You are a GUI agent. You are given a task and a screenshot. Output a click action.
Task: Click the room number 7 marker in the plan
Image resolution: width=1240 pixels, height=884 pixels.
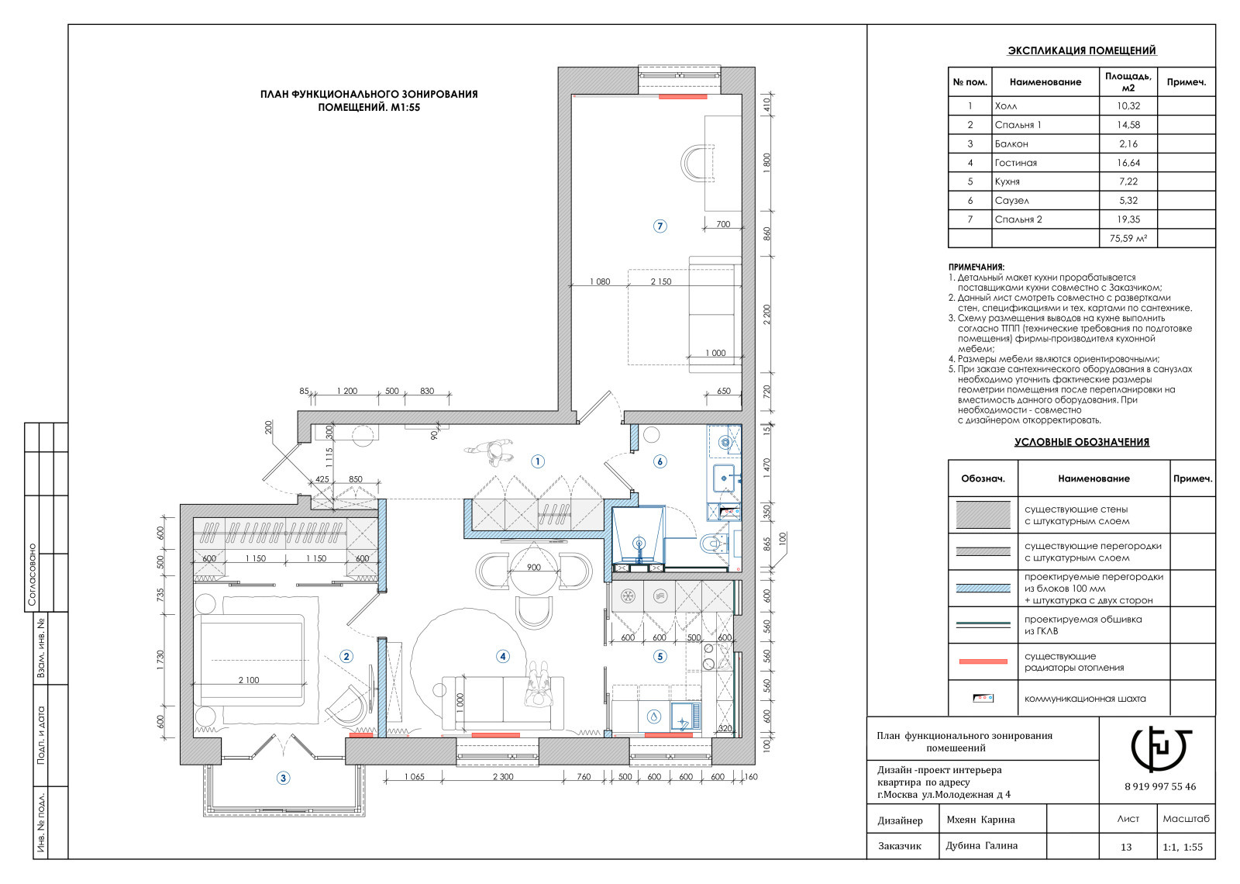coord(660,226)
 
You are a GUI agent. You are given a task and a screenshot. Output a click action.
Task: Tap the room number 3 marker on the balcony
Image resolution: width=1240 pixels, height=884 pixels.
coord(283,779)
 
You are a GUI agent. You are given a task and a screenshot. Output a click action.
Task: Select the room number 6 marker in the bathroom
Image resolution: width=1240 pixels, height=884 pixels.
coord(660,461)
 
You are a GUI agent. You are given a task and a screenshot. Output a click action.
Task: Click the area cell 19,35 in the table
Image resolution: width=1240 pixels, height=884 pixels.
coord(1128,219)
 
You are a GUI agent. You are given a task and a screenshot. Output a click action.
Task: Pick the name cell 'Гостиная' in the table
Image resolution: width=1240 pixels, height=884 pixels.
coord(1016,163)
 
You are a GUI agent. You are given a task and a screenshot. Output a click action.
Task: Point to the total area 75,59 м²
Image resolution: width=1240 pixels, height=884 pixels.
coord(1128,239)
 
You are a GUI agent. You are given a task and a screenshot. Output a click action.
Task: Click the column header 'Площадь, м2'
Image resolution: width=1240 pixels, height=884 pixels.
coord(1128,82)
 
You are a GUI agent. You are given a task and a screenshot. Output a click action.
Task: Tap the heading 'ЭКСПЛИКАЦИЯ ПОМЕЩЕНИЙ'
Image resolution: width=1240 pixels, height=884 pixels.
coord(1082,50)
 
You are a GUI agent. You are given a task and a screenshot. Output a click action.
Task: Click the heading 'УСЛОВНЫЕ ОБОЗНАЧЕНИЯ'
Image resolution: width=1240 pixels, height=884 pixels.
coord(1082,442)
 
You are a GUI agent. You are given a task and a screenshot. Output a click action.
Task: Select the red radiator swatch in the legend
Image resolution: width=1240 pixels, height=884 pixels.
coord(983,661)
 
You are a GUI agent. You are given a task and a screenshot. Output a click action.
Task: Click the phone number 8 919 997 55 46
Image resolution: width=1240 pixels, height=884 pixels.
coord(1160,786)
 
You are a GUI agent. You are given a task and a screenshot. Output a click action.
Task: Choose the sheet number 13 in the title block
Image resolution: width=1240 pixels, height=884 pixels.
coord(1126,847)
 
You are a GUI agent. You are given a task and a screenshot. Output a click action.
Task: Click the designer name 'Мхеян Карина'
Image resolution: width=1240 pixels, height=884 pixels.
coord(980,820)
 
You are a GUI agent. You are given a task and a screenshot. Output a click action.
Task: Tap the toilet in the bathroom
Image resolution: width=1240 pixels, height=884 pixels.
coord(713,544)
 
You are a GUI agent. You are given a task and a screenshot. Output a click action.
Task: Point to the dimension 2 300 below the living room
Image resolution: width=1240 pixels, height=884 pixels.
coord(503,776)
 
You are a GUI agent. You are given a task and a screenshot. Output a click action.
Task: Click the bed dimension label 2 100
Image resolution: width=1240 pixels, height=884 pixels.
coord(249,680)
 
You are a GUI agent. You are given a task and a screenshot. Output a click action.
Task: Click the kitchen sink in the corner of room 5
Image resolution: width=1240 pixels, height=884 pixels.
coord(685,716)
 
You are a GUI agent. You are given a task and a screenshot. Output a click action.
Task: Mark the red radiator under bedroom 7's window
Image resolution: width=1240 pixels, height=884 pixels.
coord(683,97)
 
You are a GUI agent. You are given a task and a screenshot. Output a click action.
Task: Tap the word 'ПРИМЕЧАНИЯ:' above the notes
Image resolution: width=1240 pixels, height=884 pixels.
coord(976,267)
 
